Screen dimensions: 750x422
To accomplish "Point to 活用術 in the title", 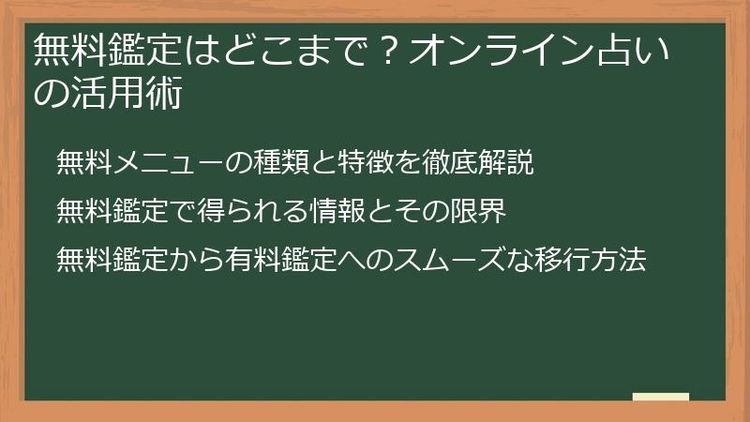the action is click(x=127, y=92).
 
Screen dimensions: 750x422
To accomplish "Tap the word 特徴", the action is click(x=366, y=162).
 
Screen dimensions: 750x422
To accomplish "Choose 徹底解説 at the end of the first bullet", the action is click(x=478, y=162).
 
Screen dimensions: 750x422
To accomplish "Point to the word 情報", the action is click(x=337, y=210).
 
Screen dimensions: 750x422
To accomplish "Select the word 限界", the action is click(x=478, y=210).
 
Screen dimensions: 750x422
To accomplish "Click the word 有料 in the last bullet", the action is click(x=253, y=260).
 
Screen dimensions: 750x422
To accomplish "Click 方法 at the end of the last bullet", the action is click(x=619, y=260).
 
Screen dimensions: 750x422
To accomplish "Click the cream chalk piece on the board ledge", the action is click(x=661, y=397).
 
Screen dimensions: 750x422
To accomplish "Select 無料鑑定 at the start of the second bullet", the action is click(x=112, y=210).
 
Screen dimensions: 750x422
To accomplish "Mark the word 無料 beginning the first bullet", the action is click(x=84, y=162).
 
